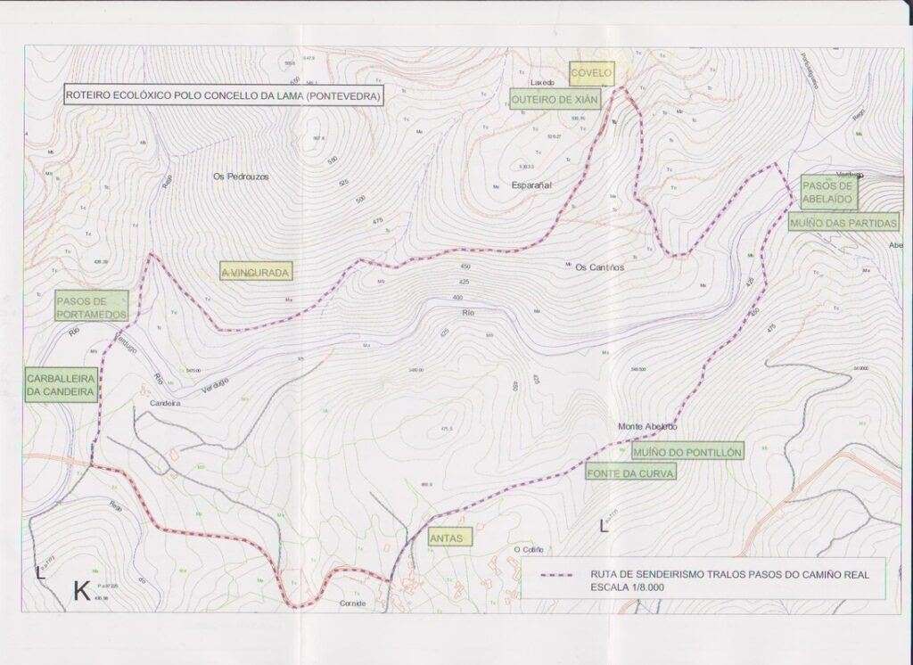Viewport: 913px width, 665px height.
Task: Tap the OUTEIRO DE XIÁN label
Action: [x=554, y=99]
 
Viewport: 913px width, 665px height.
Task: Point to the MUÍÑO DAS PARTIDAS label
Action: [x=843, y=222]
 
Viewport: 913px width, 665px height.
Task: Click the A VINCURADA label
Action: [x=256, y=272]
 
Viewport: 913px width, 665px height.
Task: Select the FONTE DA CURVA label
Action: [x=630, y=473]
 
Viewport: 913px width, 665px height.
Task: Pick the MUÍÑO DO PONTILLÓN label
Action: [x=687, y=453]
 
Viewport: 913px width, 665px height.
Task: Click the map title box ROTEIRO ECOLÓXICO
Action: [x=223, y=95]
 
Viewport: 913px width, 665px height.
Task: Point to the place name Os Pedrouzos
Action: [x=241, y=177]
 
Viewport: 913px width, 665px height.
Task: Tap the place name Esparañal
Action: [x=532, y=185]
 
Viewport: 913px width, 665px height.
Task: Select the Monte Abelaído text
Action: [x=649, y=427]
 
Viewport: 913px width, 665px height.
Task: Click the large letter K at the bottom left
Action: [x=81, y=591]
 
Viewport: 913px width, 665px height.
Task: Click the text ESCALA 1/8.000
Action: [x=633, y=587]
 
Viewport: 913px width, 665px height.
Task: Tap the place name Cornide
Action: [x=353, y=603]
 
